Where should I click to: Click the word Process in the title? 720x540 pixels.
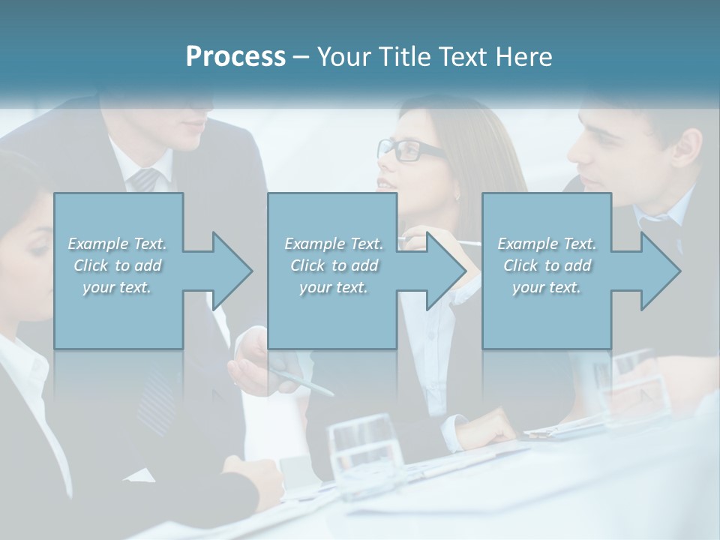235,57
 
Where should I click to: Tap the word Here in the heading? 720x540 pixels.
524,57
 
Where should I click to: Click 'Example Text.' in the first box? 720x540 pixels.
118,244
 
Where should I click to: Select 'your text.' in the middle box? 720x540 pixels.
334,287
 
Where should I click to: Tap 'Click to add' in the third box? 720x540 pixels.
547,265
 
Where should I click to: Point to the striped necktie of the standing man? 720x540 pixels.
145,179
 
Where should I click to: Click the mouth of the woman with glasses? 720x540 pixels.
385,184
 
